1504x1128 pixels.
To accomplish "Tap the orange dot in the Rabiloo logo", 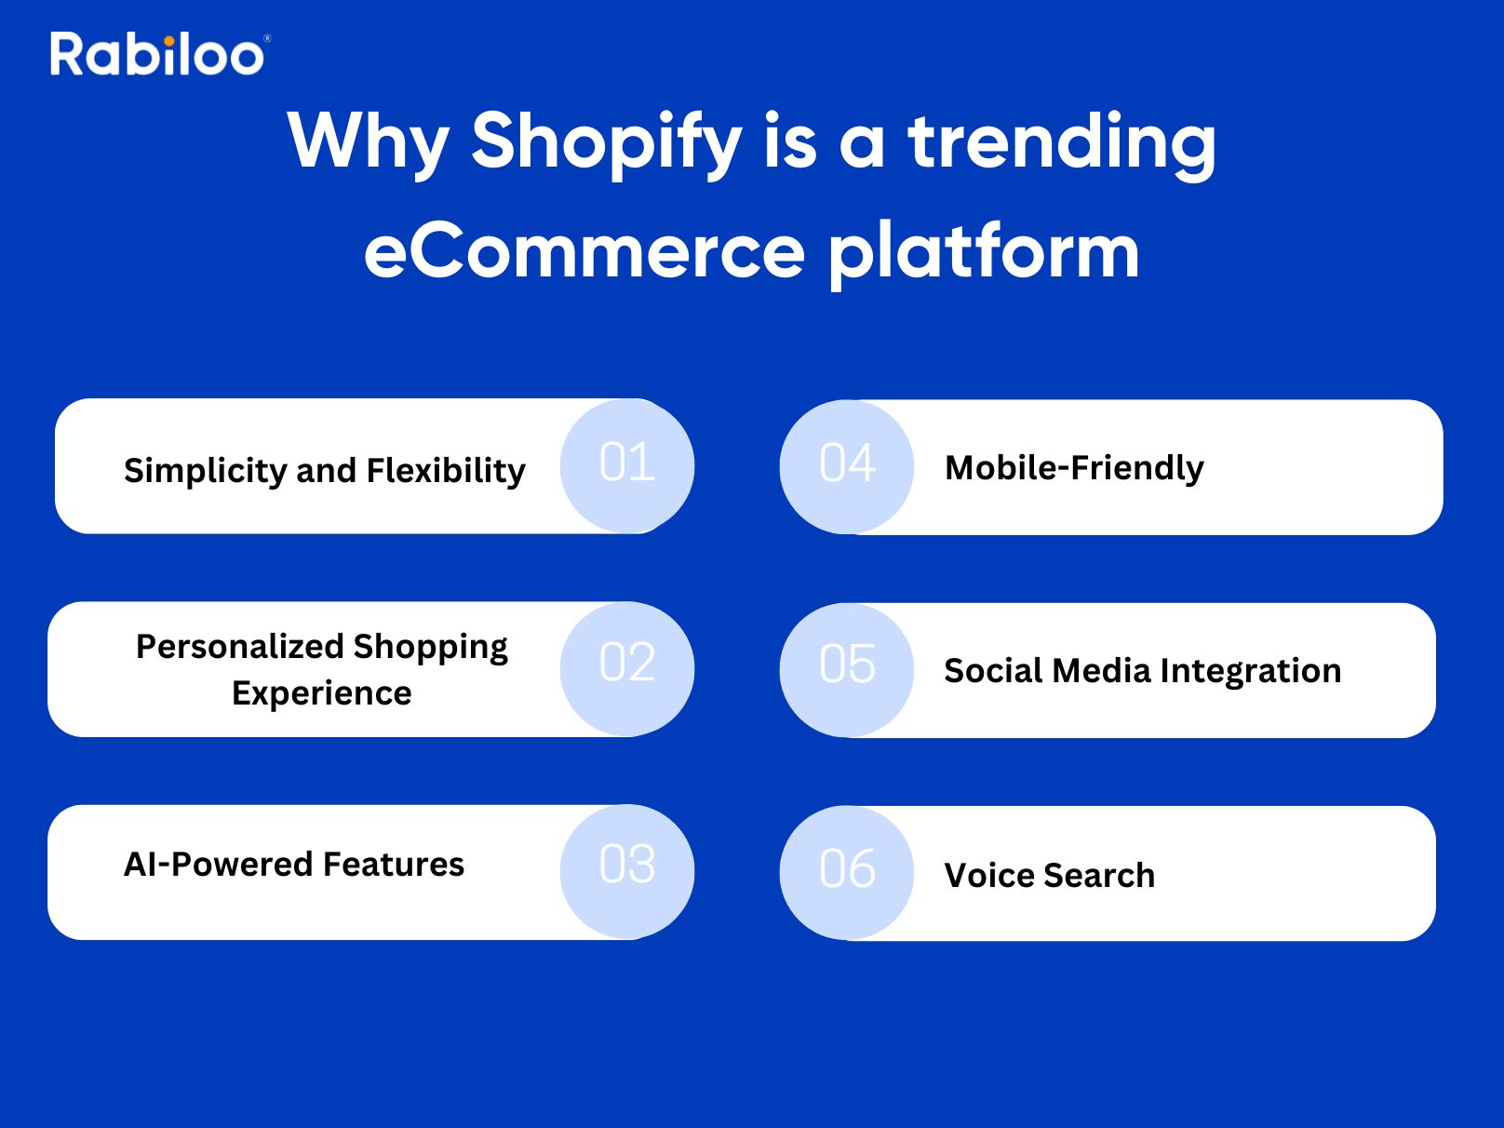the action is pyautogui.click(x=169, y=42).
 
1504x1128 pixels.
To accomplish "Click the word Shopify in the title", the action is pyautogui.click(x=607, y=145).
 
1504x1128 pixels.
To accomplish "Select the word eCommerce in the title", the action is pyautogui.click(x=584, y=252).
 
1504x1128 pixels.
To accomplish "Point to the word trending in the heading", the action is pyautogui.click(x=1062, y=145).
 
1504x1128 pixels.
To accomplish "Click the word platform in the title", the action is pyautogui.click(x=984, y=252).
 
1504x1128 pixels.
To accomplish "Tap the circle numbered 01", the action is pyautogui.click(x=627, y=465).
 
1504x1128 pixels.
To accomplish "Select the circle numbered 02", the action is pyautogui.click(x=627, y=668).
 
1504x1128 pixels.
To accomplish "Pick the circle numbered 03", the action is pyautogui.click(x=627, y=872).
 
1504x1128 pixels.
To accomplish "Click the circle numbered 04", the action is pyautogui.click(x=847, y=467).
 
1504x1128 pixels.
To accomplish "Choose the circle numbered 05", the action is pyautogui.click(x=847, y=670).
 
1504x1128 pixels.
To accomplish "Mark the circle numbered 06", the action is pyautogui.click(x=847, y=873).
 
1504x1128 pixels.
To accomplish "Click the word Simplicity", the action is pyautogui.click(x=206, y=471).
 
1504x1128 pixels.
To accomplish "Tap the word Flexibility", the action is pyautogui.click(x=446, y=471).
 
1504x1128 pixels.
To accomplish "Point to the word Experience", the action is pyautogui.click(x=322, y=693).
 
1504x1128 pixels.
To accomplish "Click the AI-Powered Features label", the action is pyautogui.click(x=294, y=864).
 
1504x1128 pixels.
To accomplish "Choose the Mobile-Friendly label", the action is pyautogui.click(x=1074, y=468).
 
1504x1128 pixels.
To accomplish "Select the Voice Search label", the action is pyautogui.click(x=1050, y=875).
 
